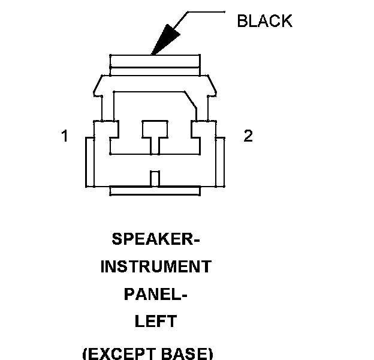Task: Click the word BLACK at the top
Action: pos(264,21)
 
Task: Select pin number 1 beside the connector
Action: pos(65,136)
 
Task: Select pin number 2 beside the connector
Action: pos(248,136)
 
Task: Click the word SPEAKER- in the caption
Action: pos(155,239)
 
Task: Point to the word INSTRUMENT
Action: pos(155,266)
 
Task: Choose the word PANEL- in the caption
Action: pos(155,294)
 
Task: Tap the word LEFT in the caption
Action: pos(155,322)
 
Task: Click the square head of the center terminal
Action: pos(155,128)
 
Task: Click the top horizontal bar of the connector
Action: pos(155,62)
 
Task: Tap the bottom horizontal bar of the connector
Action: pos(155,191)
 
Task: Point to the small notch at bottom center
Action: pos(155,179)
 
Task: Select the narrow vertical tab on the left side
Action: pos(90,162)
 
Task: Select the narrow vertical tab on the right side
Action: pos(220,162)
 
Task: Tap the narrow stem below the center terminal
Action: pos(155,146)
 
